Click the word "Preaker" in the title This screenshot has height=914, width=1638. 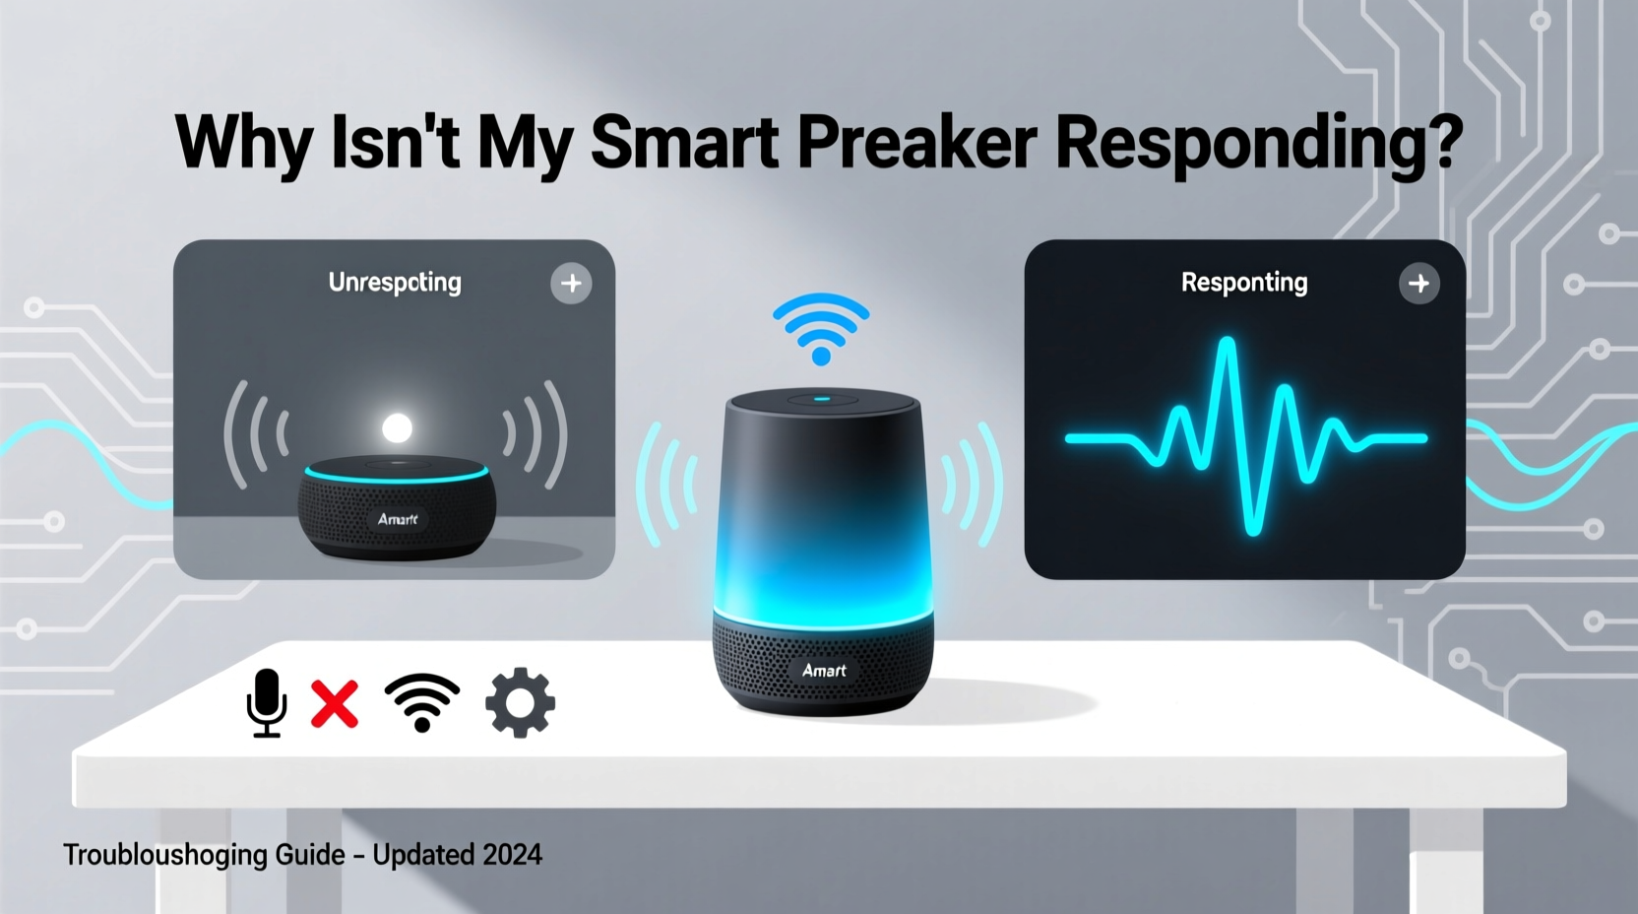click(916, 144)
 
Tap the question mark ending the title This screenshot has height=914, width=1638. click(1443, 144)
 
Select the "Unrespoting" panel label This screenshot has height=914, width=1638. click(395, 283)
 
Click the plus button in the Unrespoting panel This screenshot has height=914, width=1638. click(571, 284)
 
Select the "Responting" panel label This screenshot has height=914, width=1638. click(1244, 283)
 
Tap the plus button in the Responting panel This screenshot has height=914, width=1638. click(1418, 284)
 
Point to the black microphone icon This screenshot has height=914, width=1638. click(266, 702)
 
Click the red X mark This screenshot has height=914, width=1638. click(335, 703)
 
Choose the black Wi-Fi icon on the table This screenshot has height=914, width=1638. click(422, 702)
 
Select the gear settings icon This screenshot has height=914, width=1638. click(520, 702)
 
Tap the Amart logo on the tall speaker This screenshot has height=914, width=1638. click(824, 671)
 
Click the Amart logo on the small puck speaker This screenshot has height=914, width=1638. click(398, 519)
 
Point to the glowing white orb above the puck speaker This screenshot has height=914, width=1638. click(397, 428)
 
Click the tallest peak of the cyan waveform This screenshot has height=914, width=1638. click(1227, 345)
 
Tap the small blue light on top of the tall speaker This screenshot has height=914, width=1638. click(823, 400)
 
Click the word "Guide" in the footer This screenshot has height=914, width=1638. click(310, 855)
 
